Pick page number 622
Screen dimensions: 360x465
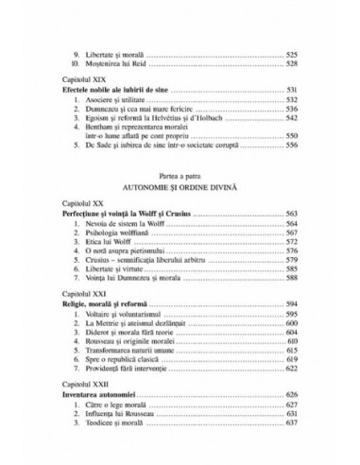292,372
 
